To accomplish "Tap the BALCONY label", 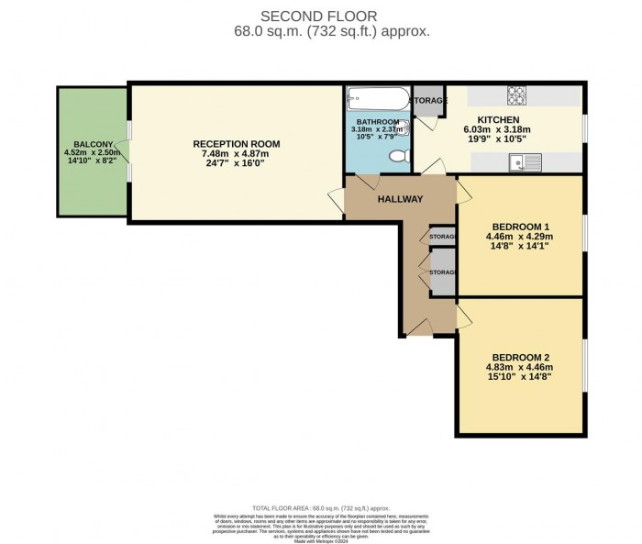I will point(93,144).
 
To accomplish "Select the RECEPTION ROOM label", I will point(237,144).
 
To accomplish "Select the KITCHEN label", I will point(499,119).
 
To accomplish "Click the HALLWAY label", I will point(400,199).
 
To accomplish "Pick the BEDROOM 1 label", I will point(519,227).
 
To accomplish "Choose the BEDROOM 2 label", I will point(519,357).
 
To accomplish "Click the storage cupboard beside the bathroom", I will point(426,101).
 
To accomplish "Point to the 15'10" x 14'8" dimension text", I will point(519,379).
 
